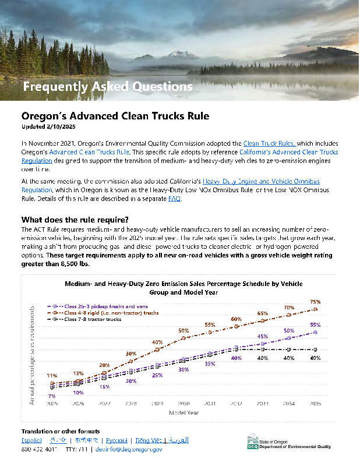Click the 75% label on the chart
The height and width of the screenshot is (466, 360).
[315, 302]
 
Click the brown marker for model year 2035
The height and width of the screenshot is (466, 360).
[315, 309]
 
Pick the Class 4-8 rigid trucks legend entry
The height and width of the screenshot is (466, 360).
[111, 313]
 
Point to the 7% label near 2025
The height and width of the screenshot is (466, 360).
[52, 396]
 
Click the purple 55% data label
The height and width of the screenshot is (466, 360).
[315, 324]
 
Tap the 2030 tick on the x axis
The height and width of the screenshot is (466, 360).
[183, 403]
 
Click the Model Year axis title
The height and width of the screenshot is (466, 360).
[183, 412]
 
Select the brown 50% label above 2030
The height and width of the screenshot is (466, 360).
[183, 331]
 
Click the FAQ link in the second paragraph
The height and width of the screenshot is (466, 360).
[174, 199]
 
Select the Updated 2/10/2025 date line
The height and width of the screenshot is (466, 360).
[48, 126]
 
